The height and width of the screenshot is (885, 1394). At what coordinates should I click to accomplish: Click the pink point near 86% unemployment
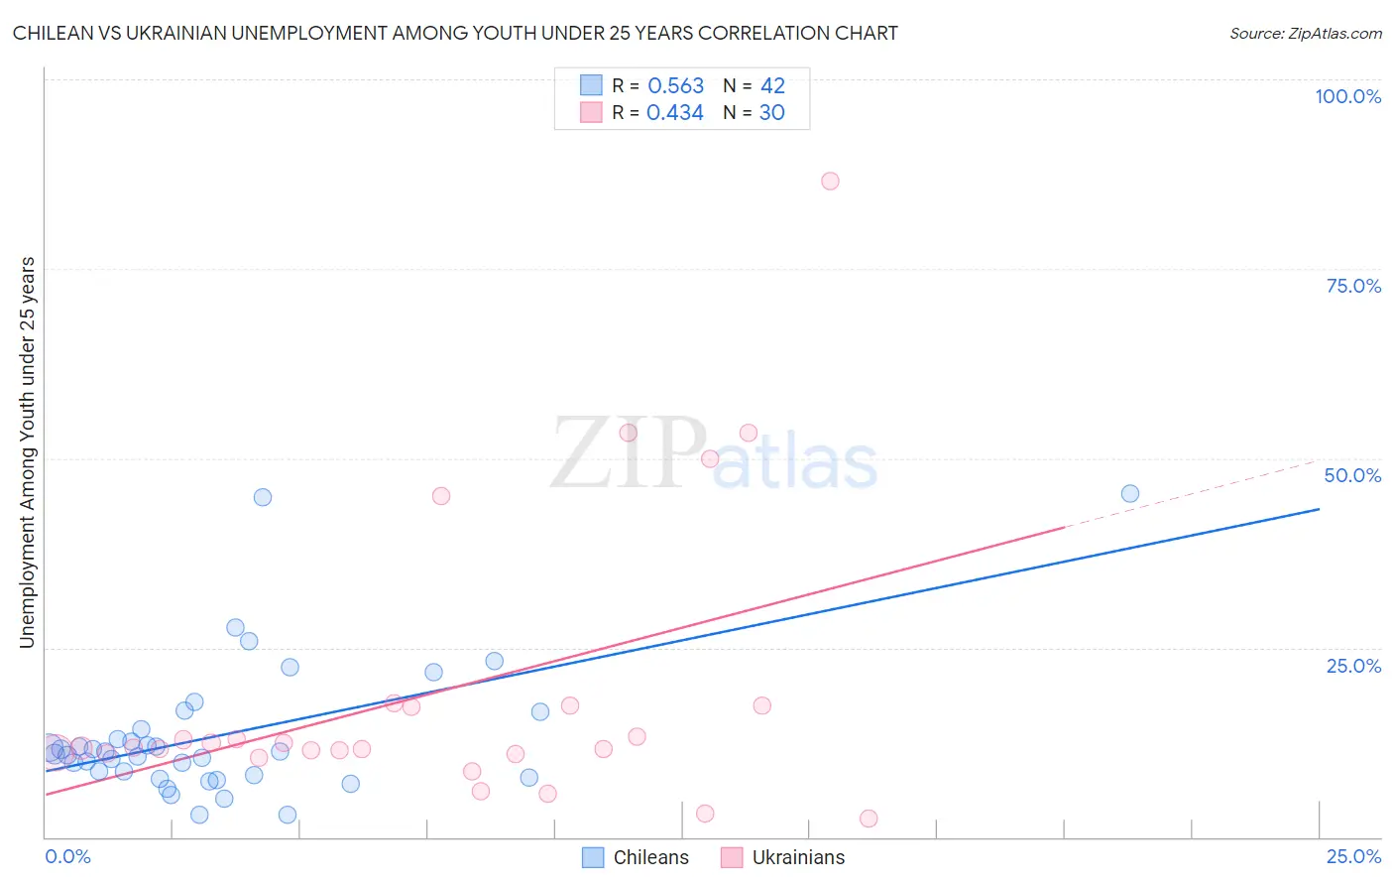(x=830, y=181)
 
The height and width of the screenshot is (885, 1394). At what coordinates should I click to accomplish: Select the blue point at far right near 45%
(x=1129, y=494)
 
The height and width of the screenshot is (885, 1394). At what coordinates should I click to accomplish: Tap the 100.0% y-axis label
(x=1347, y=96)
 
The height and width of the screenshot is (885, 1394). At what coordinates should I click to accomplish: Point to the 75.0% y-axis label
(x=1353, y=286)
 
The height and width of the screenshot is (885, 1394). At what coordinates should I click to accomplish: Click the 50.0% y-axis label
(x=1352, y=475)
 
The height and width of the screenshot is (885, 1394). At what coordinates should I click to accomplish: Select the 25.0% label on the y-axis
(x=1353, y=665)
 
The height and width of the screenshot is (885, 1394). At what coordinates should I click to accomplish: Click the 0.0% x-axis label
(x=67, y=856)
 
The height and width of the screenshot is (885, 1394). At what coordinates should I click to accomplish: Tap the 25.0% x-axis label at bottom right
(x=1353, y=856)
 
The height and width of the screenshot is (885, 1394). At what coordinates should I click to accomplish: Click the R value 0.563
(x=675, y=86)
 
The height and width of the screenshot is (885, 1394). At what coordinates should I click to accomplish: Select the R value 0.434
(x=674, y=113)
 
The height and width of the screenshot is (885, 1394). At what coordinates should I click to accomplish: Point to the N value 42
(x=772, y=86)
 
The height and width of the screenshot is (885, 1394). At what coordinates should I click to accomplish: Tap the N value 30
(x=771, y=113)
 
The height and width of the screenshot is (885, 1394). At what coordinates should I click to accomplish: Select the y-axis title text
(x=27, y=452)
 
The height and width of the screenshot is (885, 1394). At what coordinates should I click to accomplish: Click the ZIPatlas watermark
(x=714, y=455)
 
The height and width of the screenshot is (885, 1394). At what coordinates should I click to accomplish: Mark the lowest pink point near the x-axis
(x=869, y=819)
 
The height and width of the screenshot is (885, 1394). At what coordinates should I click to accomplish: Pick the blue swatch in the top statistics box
(x=592, y=85)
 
